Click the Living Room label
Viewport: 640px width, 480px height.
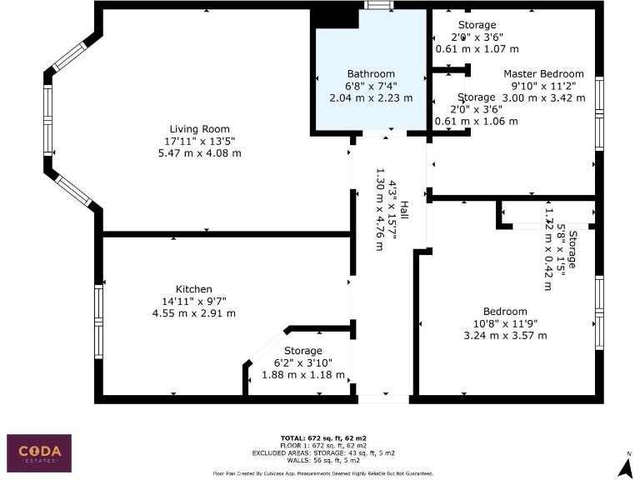pyautogui.click(x=199, y=128)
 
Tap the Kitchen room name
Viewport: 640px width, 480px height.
pyautogui.click(x=193, y=289)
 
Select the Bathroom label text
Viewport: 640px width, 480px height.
pyautogui.click(x=371, y=74)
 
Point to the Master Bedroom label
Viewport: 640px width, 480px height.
pyautogui.click(x=543, y=74)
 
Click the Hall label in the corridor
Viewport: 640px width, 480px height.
pyautogui.click(x=403, y=210)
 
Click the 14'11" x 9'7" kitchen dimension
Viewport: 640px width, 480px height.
pyautogui.click(x=193, y=301)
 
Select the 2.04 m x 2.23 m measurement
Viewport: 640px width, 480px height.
pyautogui.click(x=371, y=97)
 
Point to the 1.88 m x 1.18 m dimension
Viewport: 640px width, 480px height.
pyautogui.click(x=302, y=375)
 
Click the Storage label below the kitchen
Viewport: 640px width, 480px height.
pyautogui.click(x=302, y=351)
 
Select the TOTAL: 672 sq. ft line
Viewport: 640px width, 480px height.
pyautogui.click(x=324, y=437)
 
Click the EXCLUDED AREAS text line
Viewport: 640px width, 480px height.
pyautogui.click(x=324, y=452)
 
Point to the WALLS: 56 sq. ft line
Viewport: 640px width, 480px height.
pyautogui.click(x=324, y=459)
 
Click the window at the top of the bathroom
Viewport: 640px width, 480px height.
pyautogui.click(x=380, y=5)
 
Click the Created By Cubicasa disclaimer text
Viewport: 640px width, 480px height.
pyautogui.click(x=324, y=473)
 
